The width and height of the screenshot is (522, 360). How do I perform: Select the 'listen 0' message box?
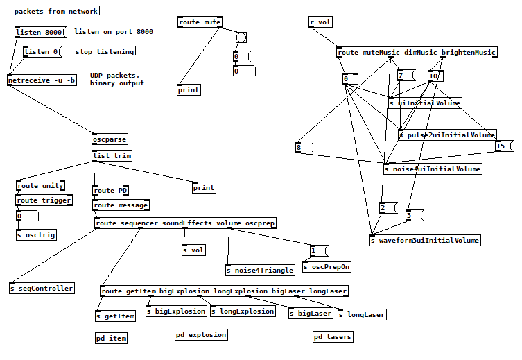point(42,52)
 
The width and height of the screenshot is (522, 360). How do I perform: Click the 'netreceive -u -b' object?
point(42,80)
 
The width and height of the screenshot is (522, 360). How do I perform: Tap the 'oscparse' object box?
point(110,139)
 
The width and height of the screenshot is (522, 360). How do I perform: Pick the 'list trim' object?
point(112,156)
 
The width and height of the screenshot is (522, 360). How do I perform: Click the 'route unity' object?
point(40,186)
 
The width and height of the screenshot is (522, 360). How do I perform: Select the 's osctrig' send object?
point(36,234)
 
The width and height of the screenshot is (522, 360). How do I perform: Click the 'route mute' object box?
point(200,22)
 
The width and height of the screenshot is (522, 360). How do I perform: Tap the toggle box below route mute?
point(241,37)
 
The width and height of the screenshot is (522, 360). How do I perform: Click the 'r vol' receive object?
point(320,22)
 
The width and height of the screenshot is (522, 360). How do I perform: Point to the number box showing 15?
point(504,146)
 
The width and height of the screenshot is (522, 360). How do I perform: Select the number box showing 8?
point(304,147)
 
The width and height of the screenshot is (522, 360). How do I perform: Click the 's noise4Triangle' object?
point(260,270)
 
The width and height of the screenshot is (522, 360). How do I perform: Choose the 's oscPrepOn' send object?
point(327,266)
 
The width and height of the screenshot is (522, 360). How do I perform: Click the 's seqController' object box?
point(42,288)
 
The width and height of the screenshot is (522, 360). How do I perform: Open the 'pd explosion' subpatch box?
point(201,335)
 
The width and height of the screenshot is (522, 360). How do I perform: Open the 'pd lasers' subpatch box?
point(333,337)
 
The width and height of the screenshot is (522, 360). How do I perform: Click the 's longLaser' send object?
point(362,315)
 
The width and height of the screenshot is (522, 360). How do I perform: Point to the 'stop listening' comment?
point(105,52)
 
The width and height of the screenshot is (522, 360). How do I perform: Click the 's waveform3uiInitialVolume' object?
point(425,241)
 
